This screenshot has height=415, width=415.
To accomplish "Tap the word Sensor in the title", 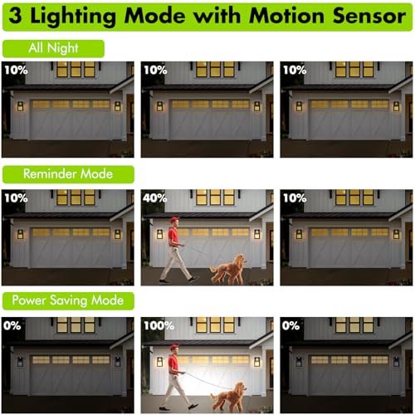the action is (x=369, y=16).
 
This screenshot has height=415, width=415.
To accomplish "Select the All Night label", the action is (x=53, y=48).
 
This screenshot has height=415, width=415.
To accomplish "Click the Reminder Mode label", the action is (x=68, y=174).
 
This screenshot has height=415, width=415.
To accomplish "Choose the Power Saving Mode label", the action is (x=68, y=300).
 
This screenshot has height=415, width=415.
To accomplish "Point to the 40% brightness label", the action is (x=155, y=198).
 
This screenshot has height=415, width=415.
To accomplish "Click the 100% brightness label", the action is (x=159, y=325).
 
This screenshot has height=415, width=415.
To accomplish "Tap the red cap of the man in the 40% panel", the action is (x=174, y=219).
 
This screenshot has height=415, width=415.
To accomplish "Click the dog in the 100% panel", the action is (x=228, y=397).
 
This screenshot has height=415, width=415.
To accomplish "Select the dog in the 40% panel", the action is (x=228, y=269).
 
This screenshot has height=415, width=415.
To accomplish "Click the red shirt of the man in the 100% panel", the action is (x=173, y=363).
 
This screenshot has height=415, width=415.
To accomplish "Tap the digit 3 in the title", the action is (x=15, y=16).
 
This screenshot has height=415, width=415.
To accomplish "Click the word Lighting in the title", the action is (x=73, y=17).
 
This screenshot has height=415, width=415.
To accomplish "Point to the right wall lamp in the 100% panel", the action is (x=257, y=362).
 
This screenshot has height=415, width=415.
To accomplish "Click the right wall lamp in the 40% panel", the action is (x=257, y=234).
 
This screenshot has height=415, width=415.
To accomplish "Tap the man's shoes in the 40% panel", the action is (x=178, y=280).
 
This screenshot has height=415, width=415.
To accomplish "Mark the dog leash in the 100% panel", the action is (x=209, y=381).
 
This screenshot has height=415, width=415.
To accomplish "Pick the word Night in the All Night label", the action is (x=63, y=48).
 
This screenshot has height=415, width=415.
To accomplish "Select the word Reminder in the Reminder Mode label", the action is (x=50, y=174).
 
